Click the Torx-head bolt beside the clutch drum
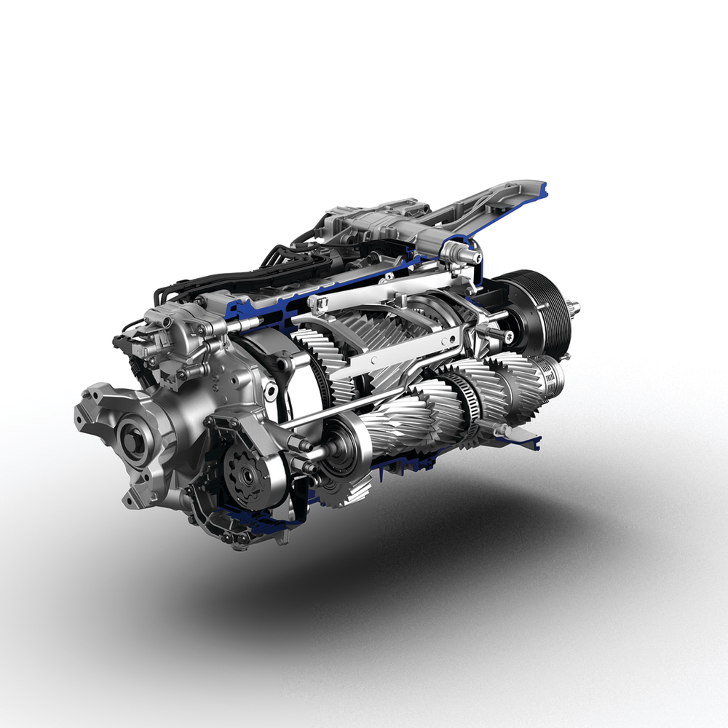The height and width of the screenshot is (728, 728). (505, 336)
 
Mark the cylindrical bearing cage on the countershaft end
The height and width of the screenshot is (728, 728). (552, 374)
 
